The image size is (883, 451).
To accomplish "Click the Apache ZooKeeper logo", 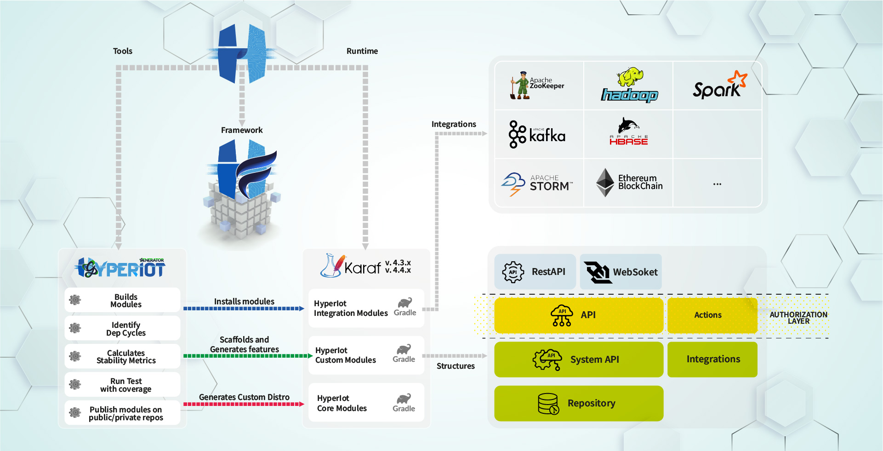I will pyautogui.click(x=536, y=86).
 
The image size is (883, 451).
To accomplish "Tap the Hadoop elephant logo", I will pyautogui.click(x=629, y=86).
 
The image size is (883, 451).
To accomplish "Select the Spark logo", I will pyautogui.click(x=718, y=86).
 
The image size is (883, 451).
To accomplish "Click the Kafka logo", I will pyautogui.click(x=537, y=135).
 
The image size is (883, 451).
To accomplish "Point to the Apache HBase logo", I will pyautogui.click(x=628, y=132).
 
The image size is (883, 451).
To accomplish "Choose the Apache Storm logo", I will pyautogui.click(x=537, y=183).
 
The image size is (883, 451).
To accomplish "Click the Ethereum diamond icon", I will pyautogui.click(x=605, y=183).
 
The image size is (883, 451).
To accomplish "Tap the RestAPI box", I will pyautogui.click(x=535, y=272).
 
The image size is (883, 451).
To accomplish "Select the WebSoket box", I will pyautogui.click(x=621, y=272).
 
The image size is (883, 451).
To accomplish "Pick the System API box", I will pyautogui.click(x=578, y=360).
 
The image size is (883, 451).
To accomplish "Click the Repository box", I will pyautogui.click(x=578, y=403).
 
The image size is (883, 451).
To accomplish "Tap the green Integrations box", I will pyautogui.click(x=712, y=360).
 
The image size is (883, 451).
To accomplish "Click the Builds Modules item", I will pyautogui.click(x=122, y=301).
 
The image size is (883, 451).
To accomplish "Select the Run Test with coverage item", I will pyautogui.click(x=122, y=385).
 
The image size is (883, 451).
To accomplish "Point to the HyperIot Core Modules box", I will pyautogui.click(x=366, y=403).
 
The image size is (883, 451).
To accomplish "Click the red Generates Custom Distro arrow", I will pyautogui.click(x=244, y=404).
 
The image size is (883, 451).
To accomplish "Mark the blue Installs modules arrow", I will pyautogui.click(x=244, y=308).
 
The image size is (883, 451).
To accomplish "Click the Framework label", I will pyautogui.click(x=242, y=130).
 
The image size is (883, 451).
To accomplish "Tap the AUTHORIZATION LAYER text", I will pyautogui.click(x=798, y=318).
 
